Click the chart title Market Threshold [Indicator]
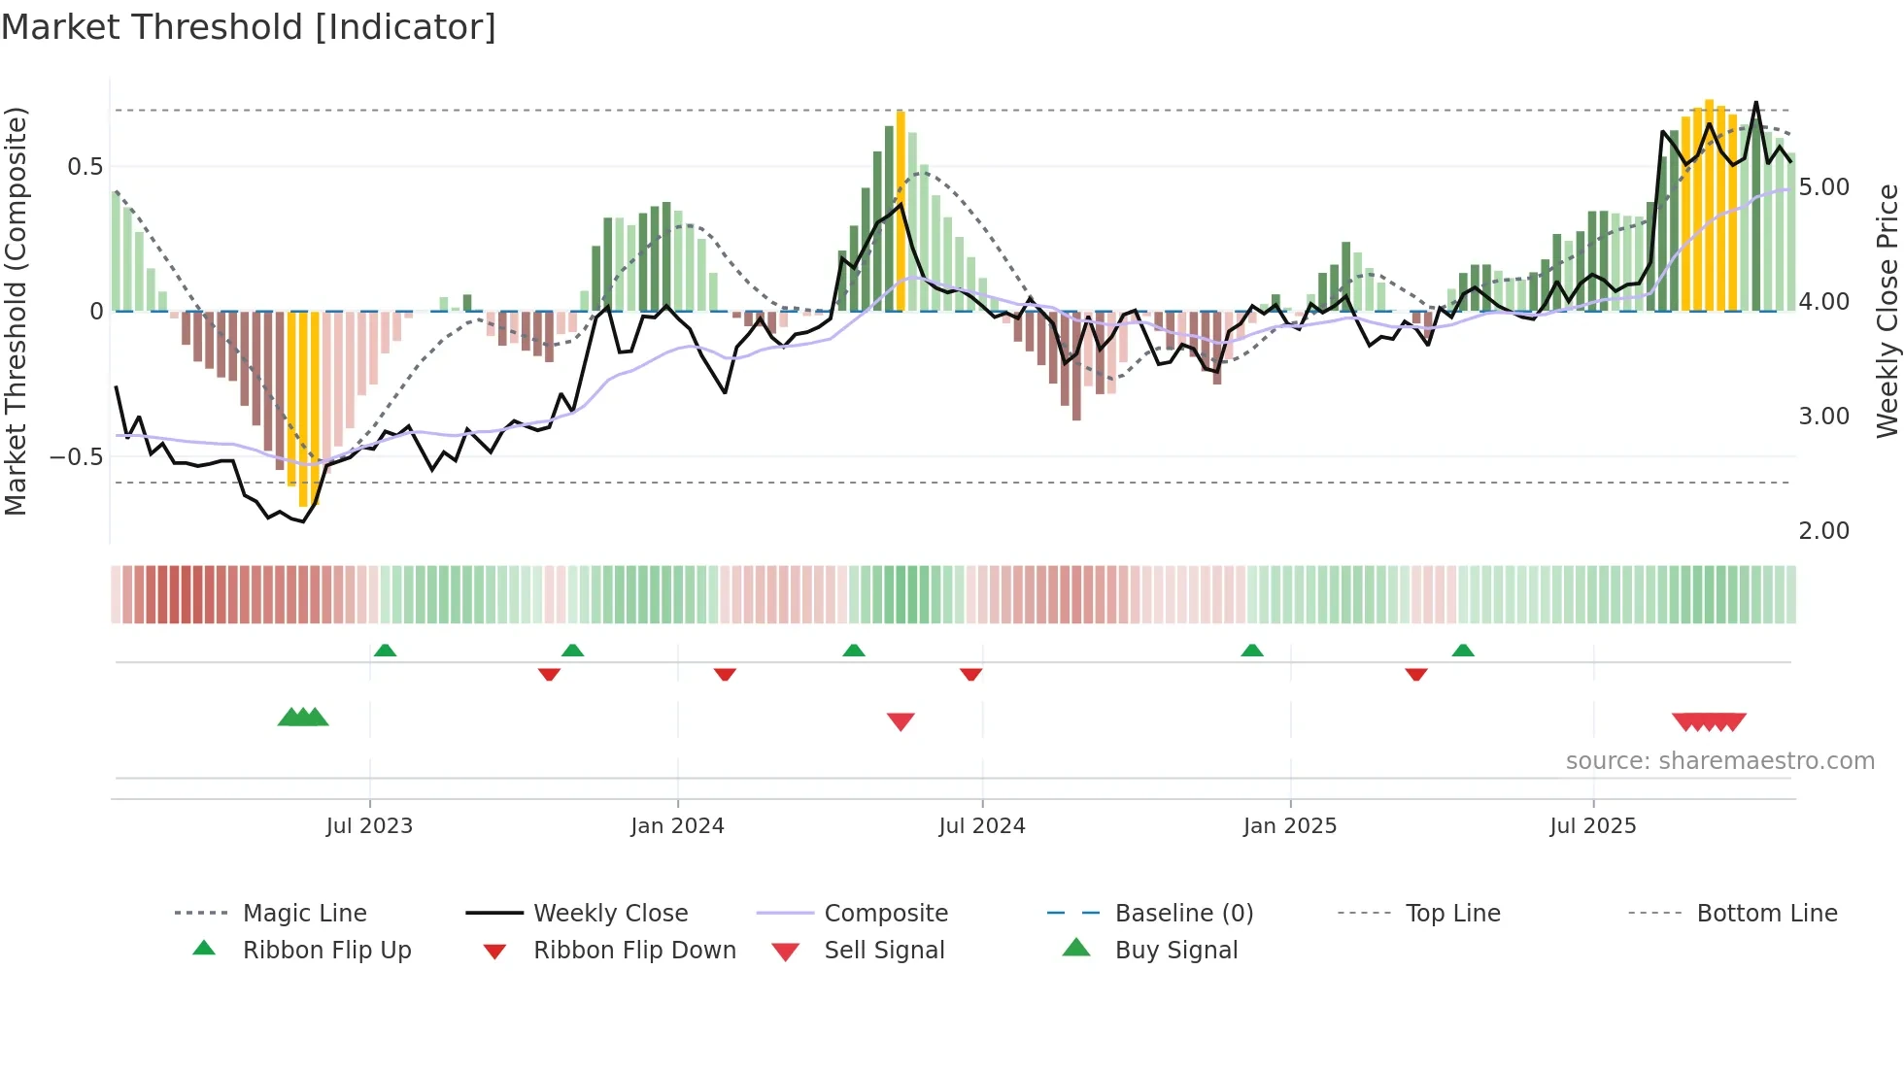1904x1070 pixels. [249, 27]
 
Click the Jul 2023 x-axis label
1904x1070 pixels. [369, 826]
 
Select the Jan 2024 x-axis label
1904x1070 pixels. [677, 826]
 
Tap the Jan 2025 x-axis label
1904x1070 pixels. [1289, 826]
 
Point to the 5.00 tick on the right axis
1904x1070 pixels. [1823, 186]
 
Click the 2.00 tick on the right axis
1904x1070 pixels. [1823, 531]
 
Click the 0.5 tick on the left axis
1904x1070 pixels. [85, 167]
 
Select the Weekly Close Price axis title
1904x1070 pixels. [1887, 311]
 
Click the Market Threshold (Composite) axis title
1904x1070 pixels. [16, 311]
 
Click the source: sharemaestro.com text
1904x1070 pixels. [1719, 761]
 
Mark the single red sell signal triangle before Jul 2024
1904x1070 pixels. [901, 721]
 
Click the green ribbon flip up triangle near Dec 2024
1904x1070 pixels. [1252, 651]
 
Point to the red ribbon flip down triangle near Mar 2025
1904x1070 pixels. [1415, 674]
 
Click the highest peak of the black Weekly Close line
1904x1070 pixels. [1755, 102]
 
